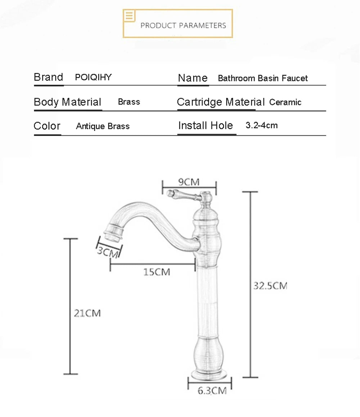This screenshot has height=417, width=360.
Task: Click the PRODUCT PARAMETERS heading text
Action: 183,26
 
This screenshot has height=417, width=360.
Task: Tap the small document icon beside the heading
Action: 130,16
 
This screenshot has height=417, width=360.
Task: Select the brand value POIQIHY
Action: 93,77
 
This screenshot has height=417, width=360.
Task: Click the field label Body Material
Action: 67,102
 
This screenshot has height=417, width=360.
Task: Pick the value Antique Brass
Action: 103,126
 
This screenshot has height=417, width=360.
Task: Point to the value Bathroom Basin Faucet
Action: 263,78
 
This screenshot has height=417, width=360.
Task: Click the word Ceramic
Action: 285,102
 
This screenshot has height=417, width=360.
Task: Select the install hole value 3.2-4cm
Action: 262,126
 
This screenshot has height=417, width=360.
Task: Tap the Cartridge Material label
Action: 221,102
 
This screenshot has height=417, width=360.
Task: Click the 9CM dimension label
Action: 189,182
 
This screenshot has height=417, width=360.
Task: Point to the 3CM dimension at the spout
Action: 108,251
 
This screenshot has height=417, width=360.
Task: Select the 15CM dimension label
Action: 157,272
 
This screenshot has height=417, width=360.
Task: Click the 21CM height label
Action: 87,313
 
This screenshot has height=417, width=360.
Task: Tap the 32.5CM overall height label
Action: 270,286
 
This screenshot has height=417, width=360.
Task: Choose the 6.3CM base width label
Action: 212,391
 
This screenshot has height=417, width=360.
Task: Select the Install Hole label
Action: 206,126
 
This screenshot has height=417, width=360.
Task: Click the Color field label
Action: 47,126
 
